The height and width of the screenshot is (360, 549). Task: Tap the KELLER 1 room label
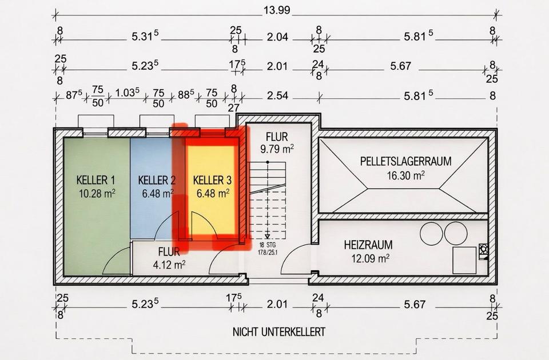point(96,181)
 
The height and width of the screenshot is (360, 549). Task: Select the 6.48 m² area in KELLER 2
point(156,193)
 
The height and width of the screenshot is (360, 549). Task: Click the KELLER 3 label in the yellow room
point(212,181)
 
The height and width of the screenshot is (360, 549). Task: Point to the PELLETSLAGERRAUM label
point(405,162)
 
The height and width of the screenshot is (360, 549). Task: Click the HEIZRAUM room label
point(368,245)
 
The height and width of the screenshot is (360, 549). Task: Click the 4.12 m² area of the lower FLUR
point(169,265)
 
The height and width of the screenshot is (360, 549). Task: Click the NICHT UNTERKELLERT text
point(279,331)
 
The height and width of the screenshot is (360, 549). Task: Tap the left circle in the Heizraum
point(431,233)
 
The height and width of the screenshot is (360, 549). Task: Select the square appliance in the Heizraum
point(464,260)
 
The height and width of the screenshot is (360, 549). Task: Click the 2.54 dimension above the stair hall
point(277,95)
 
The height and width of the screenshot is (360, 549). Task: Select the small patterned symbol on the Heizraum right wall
point(484,249)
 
